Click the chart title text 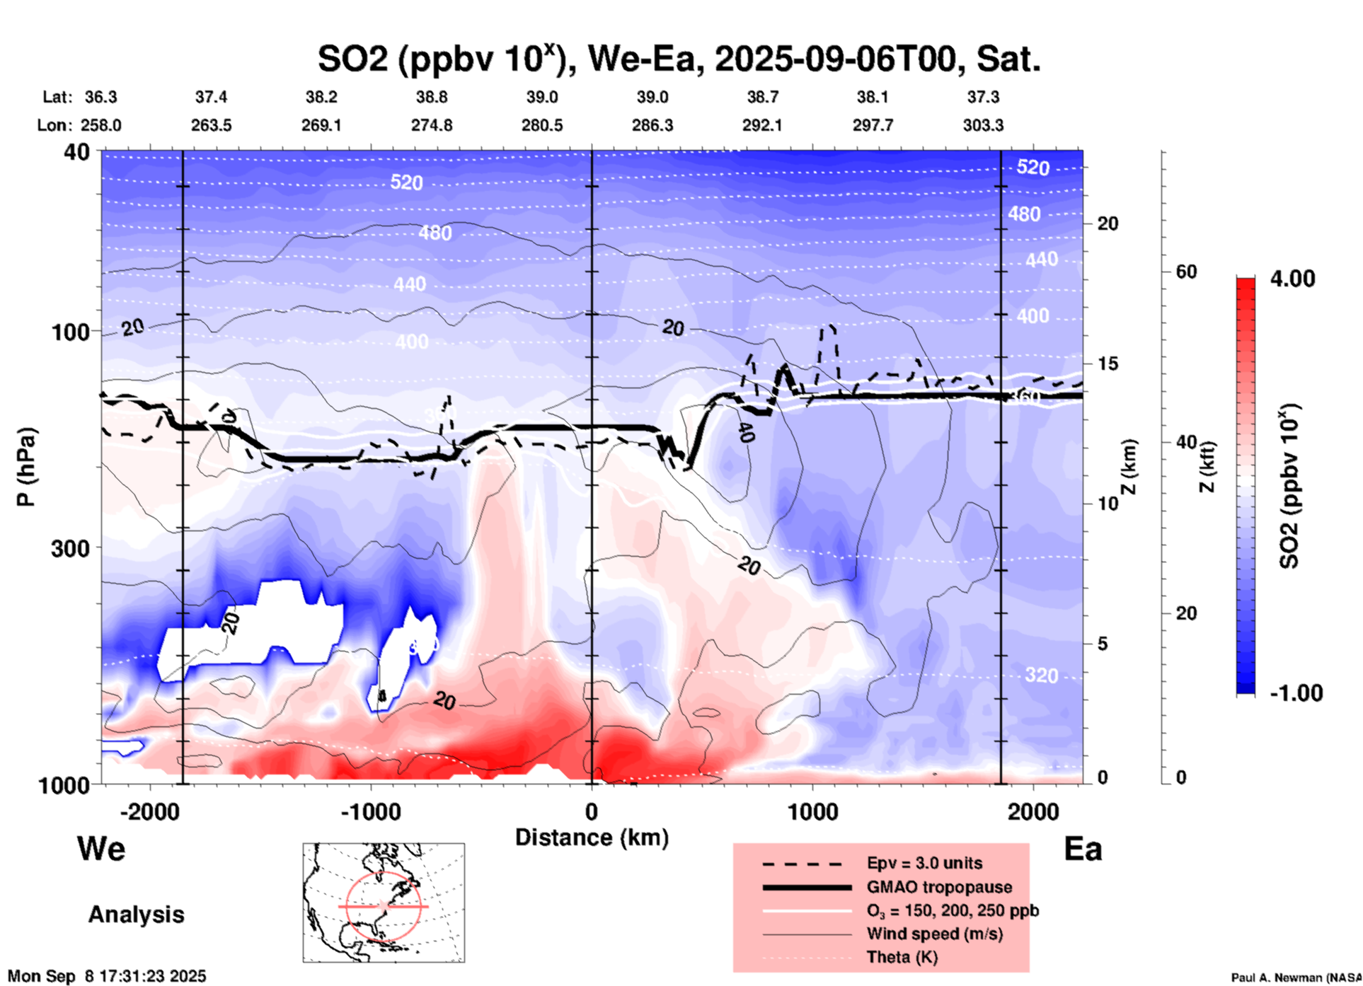(679, 59)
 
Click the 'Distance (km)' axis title (592, 837)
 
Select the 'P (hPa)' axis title (26, 466)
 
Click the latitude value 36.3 (100, 97)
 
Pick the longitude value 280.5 (542, 125)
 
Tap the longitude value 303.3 (983, 125)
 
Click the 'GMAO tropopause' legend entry (939, 887)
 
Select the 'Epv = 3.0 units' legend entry (924, 863)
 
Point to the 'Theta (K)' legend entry (902, 957)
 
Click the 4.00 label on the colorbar (1292, 279)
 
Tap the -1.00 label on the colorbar (1296, 693)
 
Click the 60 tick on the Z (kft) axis (1186, 272)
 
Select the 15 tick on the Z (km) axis (1108, 364)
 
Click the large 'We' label (101, 848)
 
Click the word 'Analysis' (136, 915)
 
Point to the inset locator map (384, 902)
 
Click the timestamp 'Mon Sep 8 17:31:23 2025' (107, 976)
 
